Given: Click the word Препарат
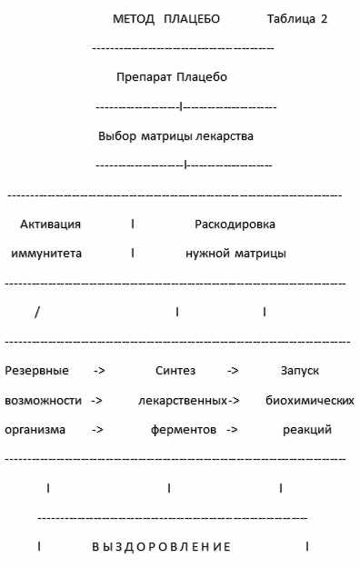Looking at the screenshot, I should (144, 77).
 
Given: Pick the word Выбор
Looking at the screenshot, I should (116, 136).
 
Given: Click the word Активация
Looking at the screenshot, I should (51, 224).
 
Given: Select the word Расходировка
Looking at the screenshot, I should (235, 224).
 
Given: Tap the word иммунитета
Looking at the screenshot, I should (46, 254).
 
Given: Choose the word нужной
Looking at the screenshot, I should (206, 254).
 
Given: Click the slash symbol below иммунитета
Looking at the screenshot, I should (37, 312).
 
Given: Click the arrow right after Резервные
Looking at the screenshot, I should (100, 371).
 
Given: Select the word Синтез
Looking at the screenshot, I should (175, 371).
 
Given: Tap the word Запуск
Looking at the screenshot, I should (299, 371).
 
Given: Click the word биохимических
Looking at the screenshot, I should (309, 400).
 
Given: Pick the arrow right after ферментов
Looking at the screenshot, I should (232, 429).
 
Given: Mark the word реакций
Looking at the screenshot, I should (307, 429).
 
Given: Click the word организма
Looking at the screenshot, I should (35, 429).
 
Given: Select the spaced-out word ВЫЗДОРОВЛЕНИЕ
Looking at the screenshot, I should (162, 547).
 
